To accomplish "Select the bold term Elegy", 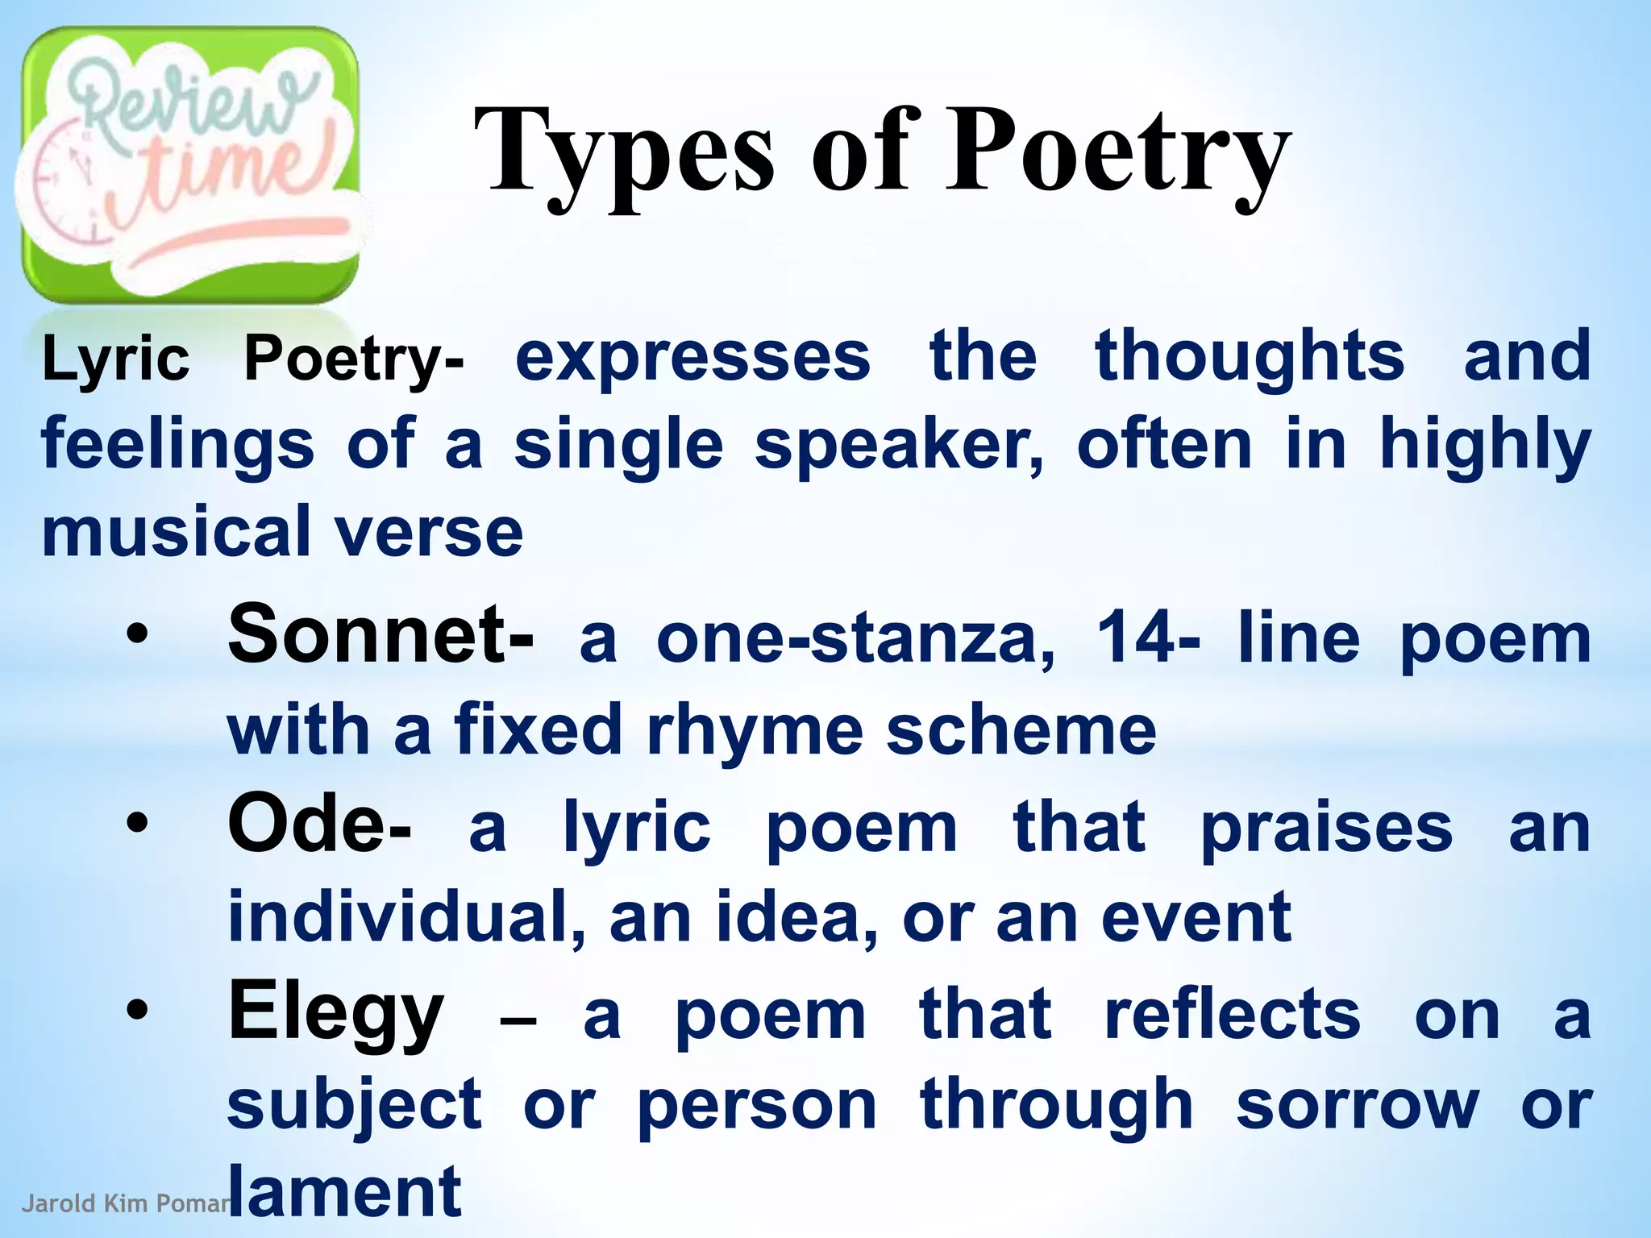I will pos(335,1013).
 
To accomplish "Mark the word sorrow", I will pos(1358,1105).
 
